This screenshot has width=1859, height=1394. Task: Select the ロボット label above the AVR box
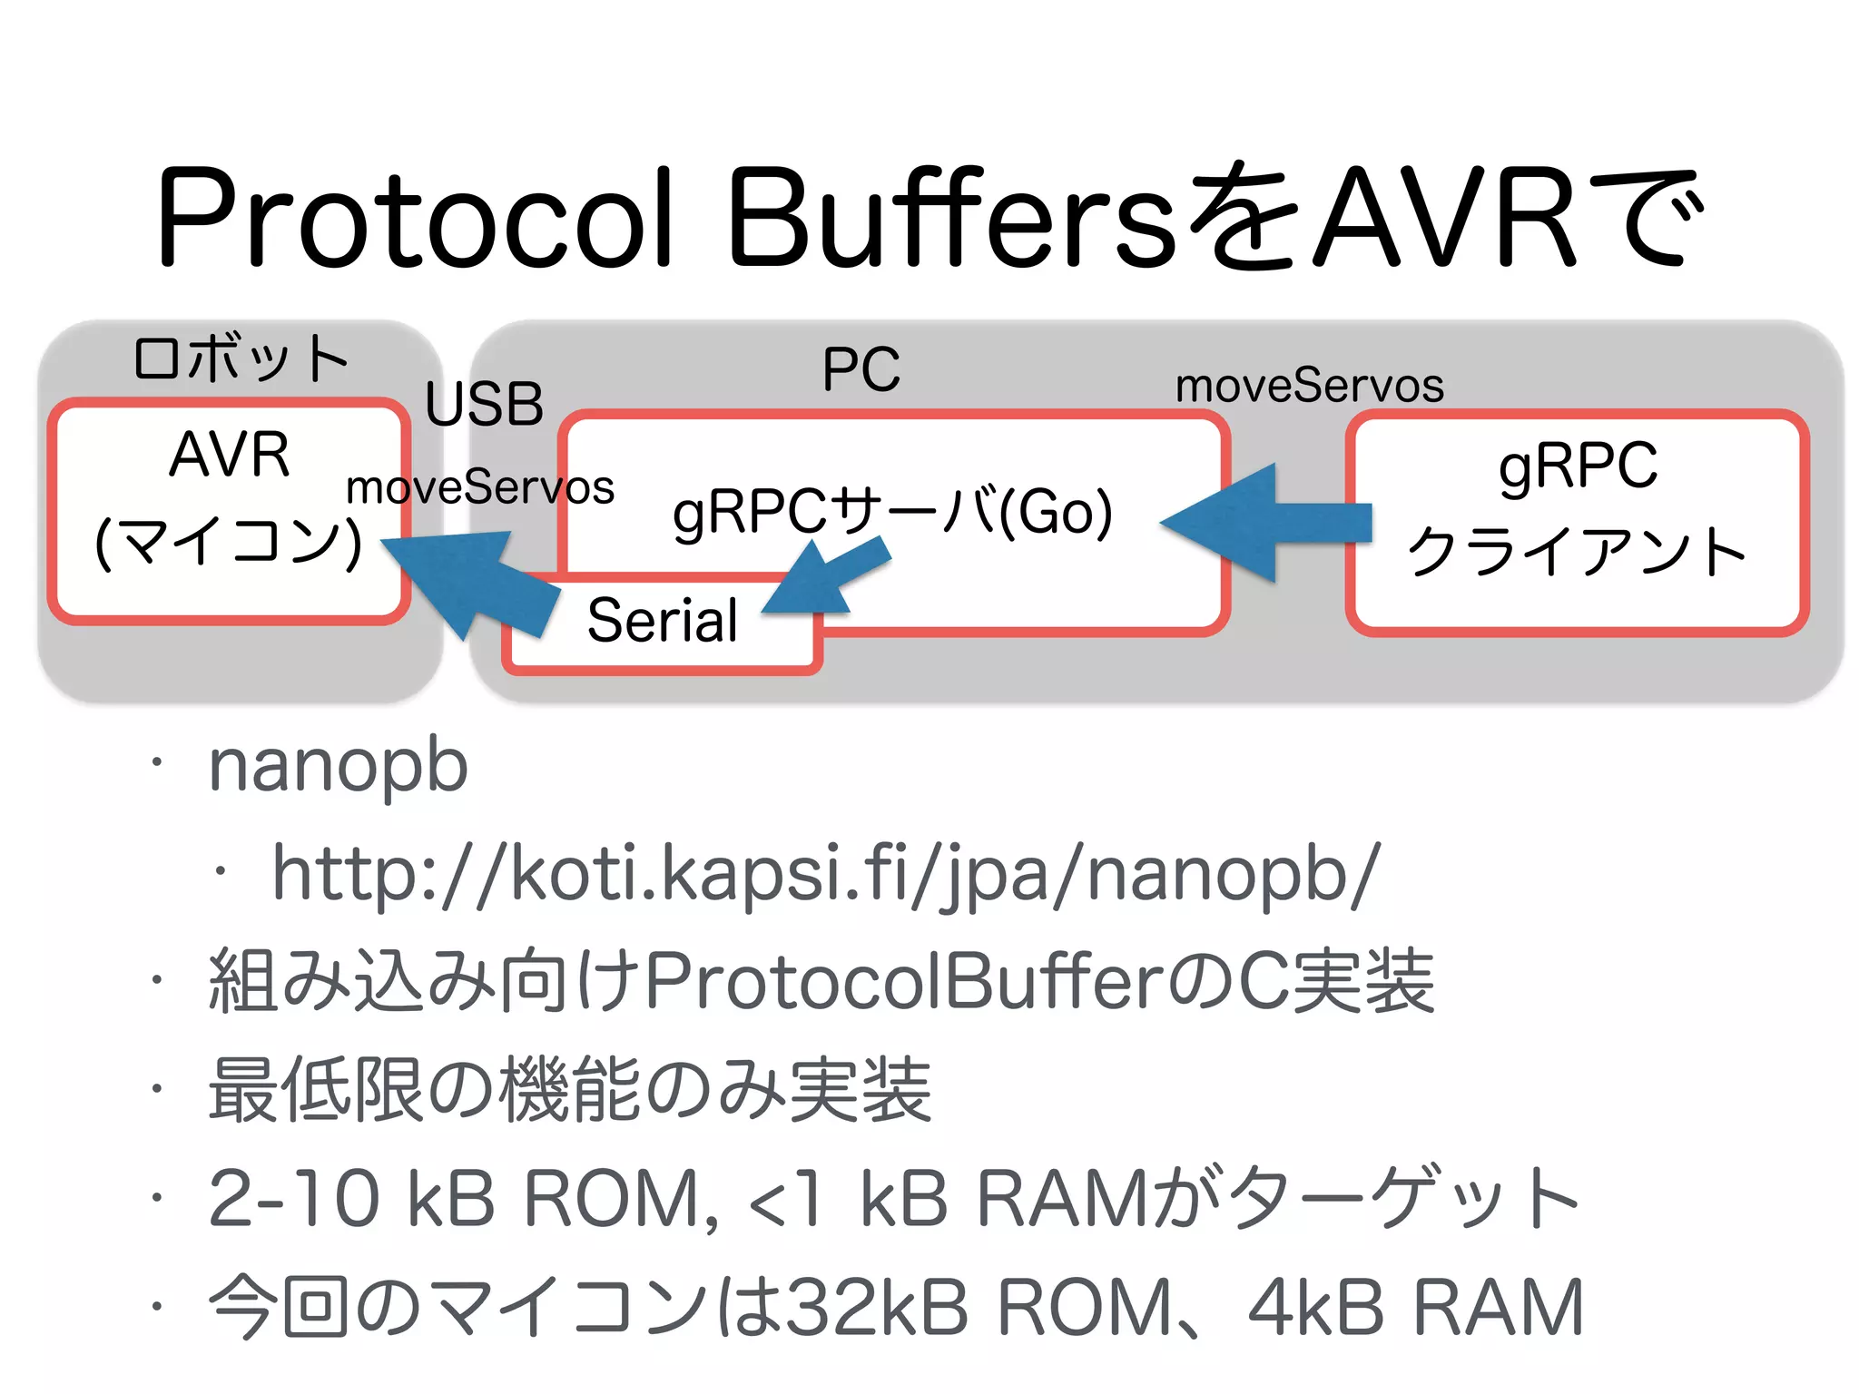(241, 358)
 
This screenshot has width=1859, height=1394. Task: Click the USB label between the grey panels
(484, 404)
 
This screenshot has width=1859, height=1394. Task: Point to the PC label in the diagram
(861, 369)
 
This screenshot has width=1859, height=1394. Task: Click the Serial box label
(662, 621)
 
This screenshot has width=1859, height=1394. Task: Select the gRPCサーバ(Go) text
(892, 511)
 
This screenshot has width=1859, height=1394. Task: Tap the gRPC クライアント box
(1578, 522)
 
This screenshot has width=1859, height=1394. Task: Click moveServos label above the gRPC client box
(1309, 386)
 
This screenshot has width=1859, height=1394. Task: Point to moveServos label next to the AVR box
(480, 487)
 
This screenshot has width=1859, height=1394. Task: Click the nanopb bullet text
(338, 765)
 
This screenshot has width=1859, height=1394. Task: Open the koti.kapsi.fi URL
(826, 873)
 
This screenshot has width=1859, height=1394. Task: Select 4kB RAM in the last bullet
(1416, 1308)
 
